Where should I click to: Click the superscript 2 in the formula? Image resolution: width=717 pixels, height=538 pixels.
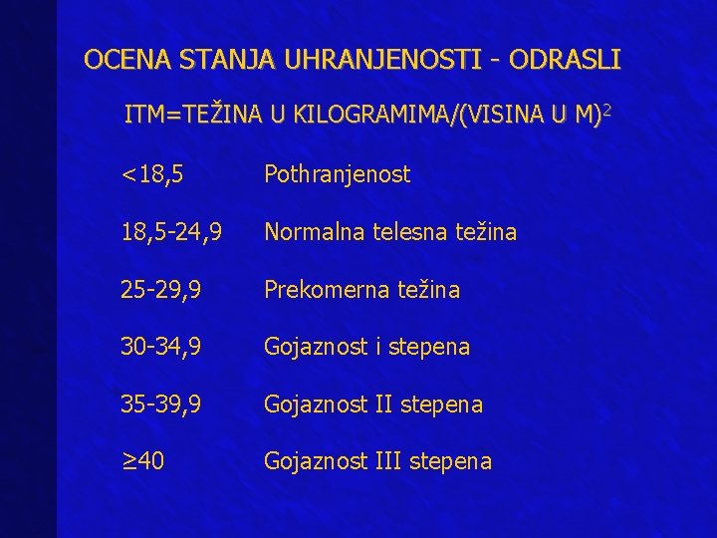(x=606, y=113)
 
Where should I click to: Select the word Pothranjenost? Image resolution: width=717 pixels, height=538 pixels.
(x=337, y=175)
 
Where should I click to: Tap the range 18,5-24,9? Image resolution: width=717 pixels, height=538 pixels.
(x=171, y=232)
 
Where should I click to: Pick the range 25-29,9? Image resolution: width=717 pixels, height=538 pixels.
(x=161, y=290)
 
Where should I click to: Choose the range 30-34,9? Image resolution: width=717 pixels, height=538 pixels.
(x=161, y=348)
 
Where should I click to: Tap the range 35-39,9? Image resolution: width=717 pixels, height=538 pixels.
(x=161, y=404)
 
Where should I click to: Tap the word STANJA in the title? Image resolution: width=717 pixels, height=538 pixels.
(x=214, y=60)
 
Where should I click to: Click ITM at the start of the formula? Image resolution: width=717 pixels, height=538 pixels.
(x=145, y=117)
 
